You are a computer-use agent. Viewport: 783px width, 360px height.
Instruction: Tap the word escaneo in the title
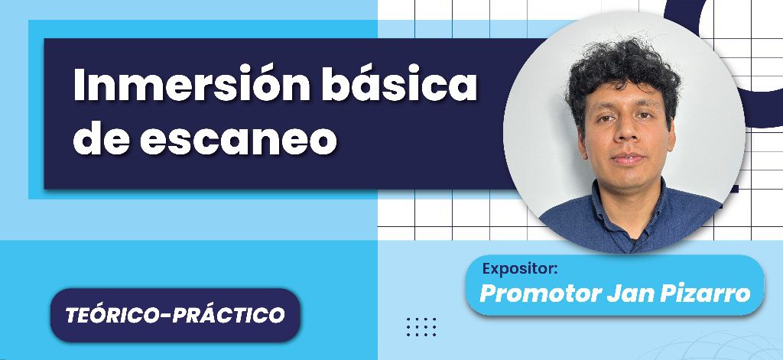tap(238, 139)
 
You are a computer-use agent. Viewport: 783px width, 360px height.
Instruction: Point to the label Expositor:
tap(519, 269)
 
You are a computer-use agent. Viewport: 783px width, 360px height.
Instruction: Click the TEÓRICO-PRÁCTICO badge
tap(175, 315)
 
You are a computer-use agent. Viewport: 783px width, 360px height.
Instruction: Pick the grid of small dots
tap(421, 326)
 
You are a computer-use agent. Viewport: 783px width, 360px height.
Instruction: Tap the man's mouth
tap(627, 159)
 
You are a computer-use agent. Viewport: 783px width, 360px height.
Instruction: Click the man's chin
tap(629, 180)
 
